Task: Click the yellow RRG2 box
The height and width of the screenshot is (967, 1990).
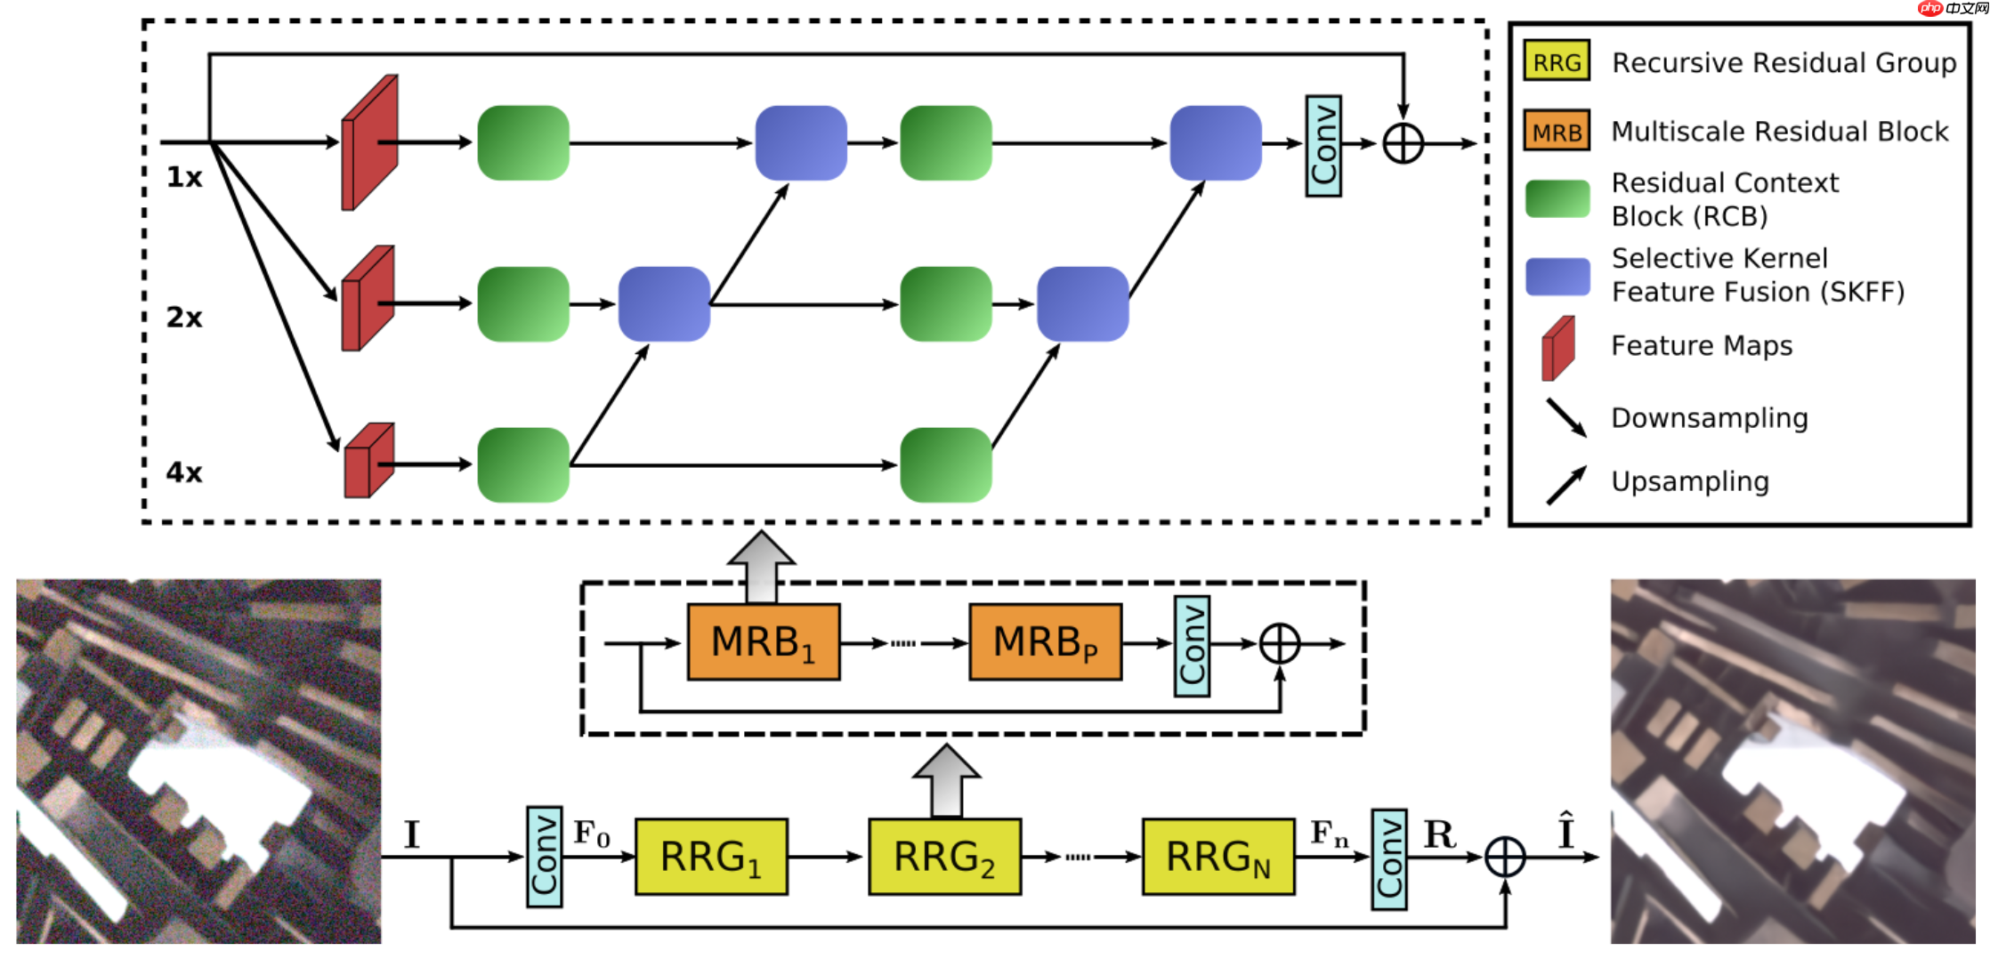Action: coord(944,857)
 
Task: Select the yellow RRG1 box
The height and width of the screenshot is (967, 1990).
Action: coord(711,857)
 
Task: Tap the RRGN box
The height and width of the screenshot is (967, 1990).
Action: coord(1217,857)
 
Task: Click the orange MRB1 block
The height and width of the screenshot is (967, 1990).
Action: coord(764,642)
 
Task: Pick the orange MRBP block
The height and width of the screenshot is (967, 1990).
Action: coord(1045,642)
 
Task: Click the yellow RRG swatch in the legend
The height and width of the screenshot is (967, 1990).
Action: coord(1557,61)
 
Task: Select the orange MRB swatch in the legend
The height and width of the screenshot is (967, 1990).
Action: coord(1557,132)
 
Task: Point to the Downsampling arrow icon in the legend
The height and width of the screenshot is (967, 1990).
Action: coord(1566,417)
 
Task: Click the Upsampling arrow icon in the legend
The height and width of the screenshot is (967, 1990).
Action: coord(1566,485)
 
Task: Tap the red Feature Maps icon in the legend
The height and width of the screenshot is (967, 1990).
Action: coord(1558,348)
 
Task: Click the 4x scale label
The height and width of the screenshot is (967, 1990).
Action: coord(184,472)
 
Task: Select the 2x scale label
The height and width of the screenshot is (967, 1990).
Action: coord(184,318)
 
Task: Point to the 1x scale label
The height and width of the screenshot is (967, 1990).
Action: coord(184,178)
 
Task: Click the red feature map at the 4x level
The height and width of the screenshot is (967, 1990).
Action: coord(368,461)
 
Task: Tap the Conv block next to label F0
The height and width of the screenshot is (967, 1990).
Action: coord(544,857)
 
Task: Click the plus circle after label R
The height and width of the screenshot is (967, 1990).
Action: coord(1505,857)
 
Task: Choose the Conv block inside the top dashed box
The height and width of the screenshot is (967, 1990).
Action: coord(1323,146)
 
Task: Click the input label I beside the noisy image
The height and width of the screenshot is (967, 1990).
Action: coord(411,834)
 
